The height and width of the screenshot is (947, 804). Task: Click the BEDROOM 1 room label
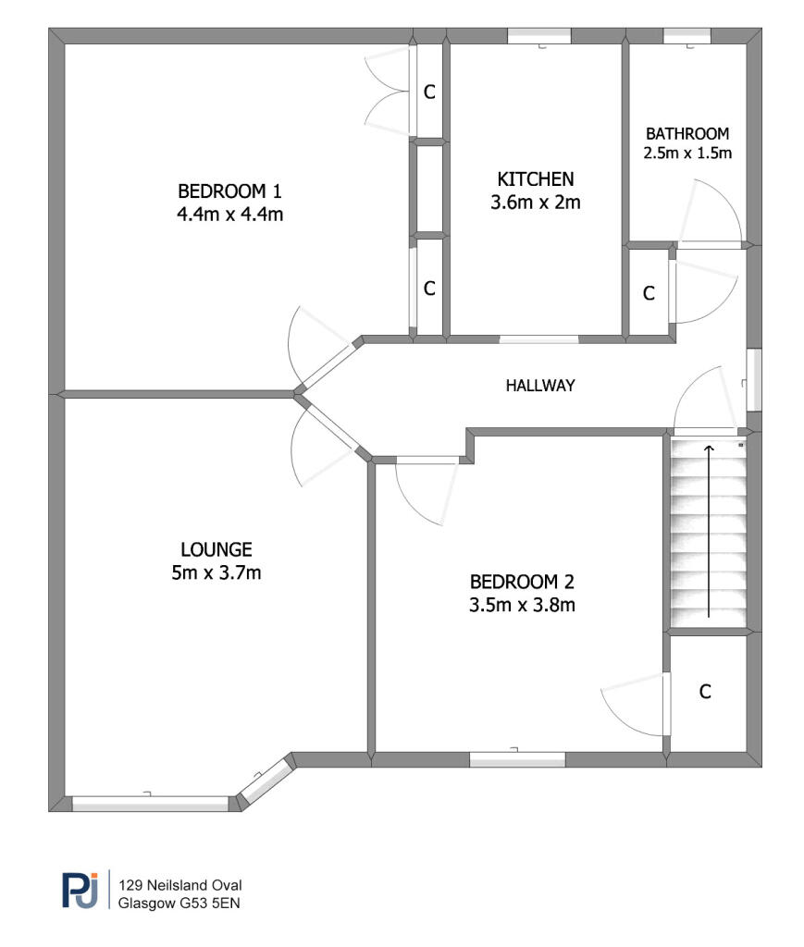[229, 191]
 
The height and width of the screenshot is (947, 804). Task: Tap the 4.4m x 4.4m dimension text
[229, 215]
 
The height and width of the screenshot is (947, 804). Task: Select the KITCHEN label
[536, 178]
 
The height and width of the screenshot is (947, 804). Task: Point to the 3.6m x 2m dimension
[536, 203]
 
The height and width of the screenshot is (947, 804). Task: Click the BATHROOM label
[687, 133]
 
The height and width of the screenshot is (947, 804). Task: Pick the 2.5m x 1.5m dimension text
[687, 153]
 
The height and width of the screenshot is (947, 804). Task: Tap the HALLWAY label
[540, 386]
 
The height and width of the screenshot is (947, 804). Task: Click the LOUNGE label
[216, 548]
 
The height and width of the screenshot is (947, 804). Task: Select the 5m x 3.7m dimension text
[216, 572]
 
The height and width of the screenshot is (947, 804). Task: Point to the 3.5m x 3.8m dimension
[523, 606]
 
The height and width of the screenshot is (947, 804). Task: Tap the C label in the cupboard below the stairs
[705, 692]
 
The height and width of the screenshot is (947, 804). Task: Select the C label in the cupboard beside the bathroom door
[649, 293]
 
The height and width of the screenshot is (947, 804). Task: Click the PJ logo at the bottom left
[80, 891]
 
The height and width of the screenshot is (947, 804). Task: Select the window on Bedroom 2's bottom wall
[517, 759]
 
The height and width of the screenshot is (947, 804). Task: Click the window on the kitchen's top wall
[538, 36]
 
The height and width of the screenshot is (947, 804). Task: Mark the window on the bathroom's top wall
[687, 36]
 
